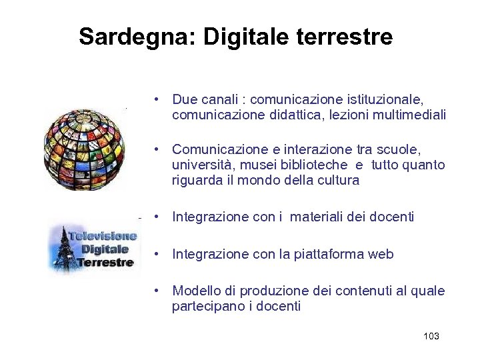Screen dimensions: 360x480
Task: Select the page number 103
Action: tap(431, 336)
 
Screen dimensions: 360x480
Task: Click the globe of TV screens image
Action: tap(84, 148)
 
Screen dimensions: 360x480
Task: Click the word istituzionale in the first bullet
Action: tap(385, 100)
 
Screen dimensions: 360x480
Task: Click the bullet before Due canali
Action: tap(155, 100)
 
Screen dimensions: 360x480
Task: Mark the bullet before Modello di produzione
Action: tap(155, 291)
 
